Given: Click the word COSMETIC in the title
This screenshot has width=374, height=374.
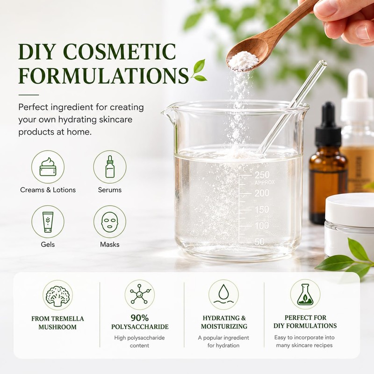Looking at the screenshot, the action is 120,51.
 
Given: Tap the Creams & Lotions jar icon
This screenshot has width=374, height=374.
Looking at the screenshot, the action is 48,167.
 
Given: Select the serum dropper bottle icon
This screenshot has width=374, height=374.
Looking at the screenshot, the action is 110,167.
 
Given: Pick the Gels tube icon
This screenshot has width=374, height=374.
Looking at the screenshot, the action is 48,222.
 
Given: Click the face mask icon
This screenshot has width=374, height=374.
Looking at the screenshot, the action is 110,222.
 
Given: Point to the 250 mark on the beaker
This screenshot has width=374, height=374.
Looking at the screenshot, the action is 262,175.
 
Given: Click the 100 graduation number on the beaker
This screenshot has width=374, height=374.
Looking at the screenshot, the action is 262,226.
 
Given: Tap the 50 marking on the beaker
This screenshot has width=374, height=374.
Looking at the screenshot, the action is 259,242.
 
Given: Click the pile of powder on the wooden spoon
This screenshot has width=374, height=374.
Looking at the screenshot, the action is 243,61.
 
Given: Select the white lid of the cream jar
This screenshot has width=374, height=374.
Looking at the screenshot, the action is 350,209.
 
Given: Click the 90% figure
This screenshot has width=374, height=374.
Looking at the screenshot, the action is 139,318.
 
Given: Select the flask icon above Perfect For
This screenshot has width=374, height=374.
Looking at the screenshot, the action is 305,295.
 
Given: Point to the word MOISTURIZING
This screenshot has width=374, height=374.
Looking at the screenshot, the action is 224,326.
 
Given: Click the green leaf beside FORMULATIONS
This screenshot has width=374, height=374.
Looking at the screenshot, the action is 199,71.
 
